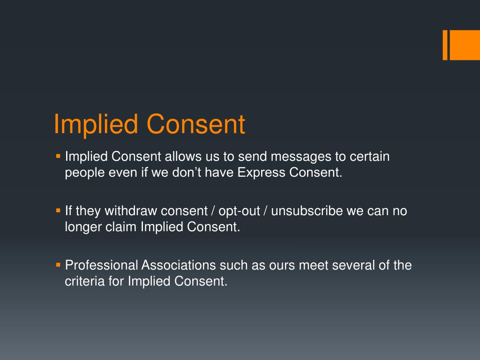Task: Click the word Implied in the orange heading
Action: tap(96, 125)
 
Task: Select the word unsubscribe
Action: tap(307, 211)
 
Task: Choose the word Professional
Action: tap(102, 265)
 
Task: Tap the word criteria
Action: tap(82, 281)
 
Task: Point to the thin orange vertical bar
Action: tap(445, 45)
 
